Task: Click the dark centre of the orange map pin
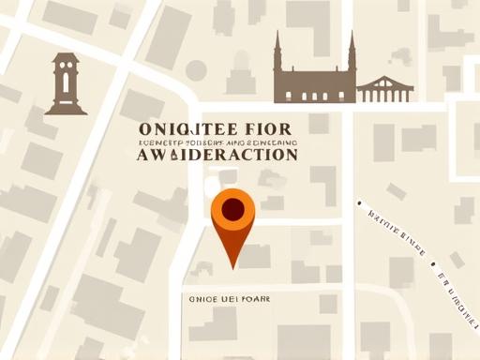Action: coord(233,207)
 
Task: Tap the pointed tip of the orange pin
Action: coord(233,267)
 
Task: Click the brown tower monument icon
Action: coord(66,84)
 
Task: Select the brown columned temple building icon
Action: coord(385,89)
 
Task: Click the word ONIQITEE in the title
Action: coord(178,127)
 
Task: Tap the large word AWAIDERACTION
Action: coord(217,155)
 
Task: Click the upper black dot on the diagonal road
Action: coord(359,201)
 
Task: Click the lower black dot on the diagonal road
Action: coord(436,275)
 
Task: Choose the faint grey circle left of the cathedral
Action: coord(196,69)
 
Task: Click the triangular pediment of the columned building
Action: coord(385,81)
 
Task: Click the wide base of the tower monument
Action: coord(66,109)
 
